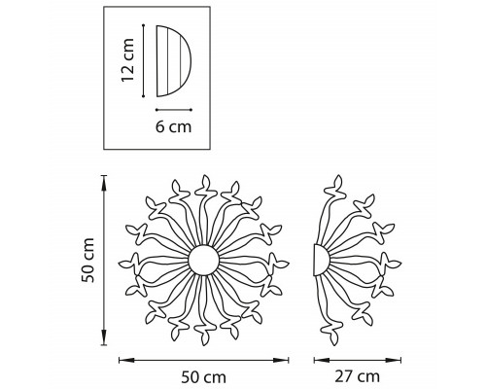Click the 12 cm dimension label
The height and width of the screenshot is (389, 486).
click(x=127, y=60)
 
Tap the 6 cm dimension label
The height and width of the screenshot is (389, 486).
click(x=174, y=126)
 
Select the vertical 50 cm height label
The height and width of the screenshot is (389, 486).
click(x=87, y=260)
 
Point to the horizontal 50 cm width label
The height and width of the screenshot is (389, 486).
click(x=203, y=377)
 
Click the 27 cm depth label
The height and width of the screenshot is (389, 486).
click(x=357, y=376)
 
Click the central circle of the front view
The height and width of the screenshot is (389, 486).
click(x=204, y=260)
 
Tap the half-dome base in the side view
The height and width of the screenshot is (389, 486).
click(x=321, y=261)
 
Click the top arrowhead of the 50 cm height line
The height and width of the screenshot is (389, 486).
click(x=104, y=183)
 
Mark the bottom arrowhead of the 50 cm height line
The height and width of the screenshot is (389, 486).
click(x=104, y=337)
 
